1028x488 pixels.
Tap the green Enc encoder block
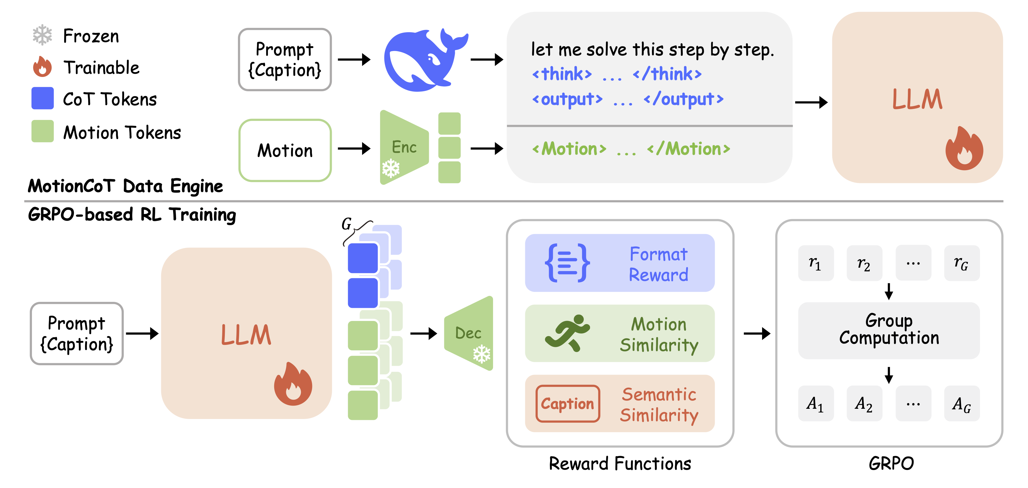tap(404, 148)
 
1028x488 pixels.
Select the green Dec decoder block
tap(468, 333)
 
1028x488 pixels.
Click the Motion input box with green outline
tap(285, 150)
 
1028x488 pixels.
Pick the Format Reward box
tap(620, 263)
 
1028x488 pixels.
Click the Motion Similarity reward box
tap(620, 333)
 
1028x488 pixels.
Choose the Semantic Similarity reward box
tap(620, 403)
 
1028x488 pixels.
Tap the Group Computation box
tap(889, 330)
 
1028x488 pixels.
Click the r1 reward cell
tap(816, 263)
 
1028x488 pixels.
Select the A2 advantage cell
tap(865, 403)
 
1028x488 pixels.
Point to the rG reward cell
tap(962, 263)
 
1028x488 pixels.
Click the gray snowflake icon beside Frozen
tap(42, 35)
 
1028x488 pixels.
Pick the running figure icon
tap(567, 333)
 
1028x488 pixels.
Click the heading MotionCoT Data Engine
tap(125, 186)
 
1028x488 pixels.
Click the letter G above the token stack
tap(346, 224)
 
